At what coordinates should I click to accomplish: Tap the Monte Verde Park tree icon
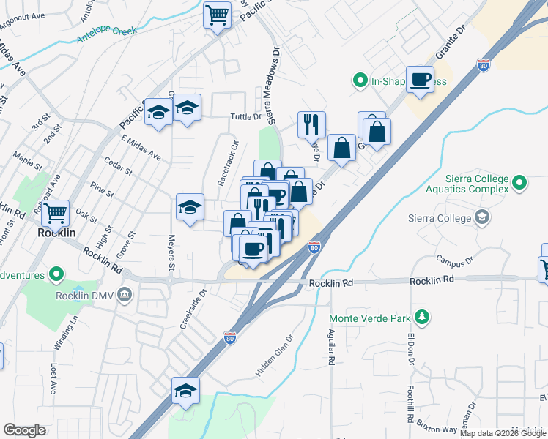point(421,317)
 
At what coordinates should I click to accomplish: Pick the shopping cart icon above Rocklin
point(55,213)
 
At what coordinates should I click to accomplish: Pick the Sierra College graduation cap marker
point(483,217)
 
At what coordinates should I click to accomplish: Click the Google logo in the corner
point(24,430)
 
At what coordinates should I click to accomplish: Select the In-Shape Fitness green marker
point(360,81)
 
